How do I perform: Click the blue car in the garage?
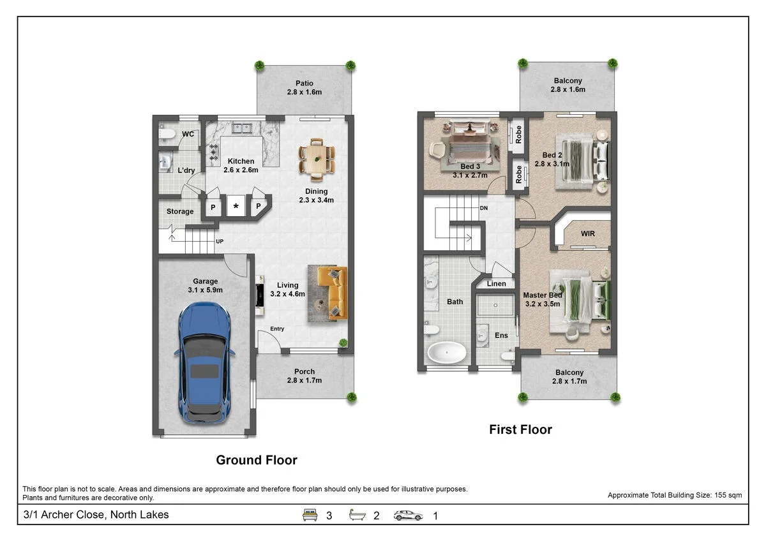(204, 363)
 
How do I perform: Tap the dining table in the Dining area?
(317, 159)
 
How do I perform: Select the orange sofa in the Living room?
(333, 293)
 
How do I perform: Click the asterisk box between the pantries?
(236, 206)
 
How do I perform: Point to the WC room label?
(188, 134)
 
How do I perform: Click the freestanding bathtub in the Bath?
(447, 352)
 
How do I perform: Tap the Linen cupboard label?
(496, 284)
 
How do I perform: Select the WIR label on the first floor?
(587, 233)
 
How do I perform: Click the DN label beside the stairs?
(484, 208)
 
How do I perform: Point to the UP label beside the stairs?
(220, 241)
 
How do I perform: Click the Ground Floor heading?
(257, 460)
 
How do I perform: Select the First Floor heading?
(520, 429)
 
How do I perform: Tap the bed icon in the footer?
(310, 515)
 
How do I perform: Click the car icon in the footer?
(408, 515)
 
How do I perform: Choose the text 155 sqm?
(728, 495)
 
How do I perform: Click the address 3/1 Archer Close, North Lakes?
(96, 515)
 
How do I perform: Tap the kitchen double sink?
(242, 128)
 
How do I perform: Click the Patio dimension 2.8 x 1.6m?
(304, 93)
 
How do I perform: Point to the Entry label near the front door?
(277, 329)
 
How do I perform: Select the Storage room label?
(180, 212)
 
